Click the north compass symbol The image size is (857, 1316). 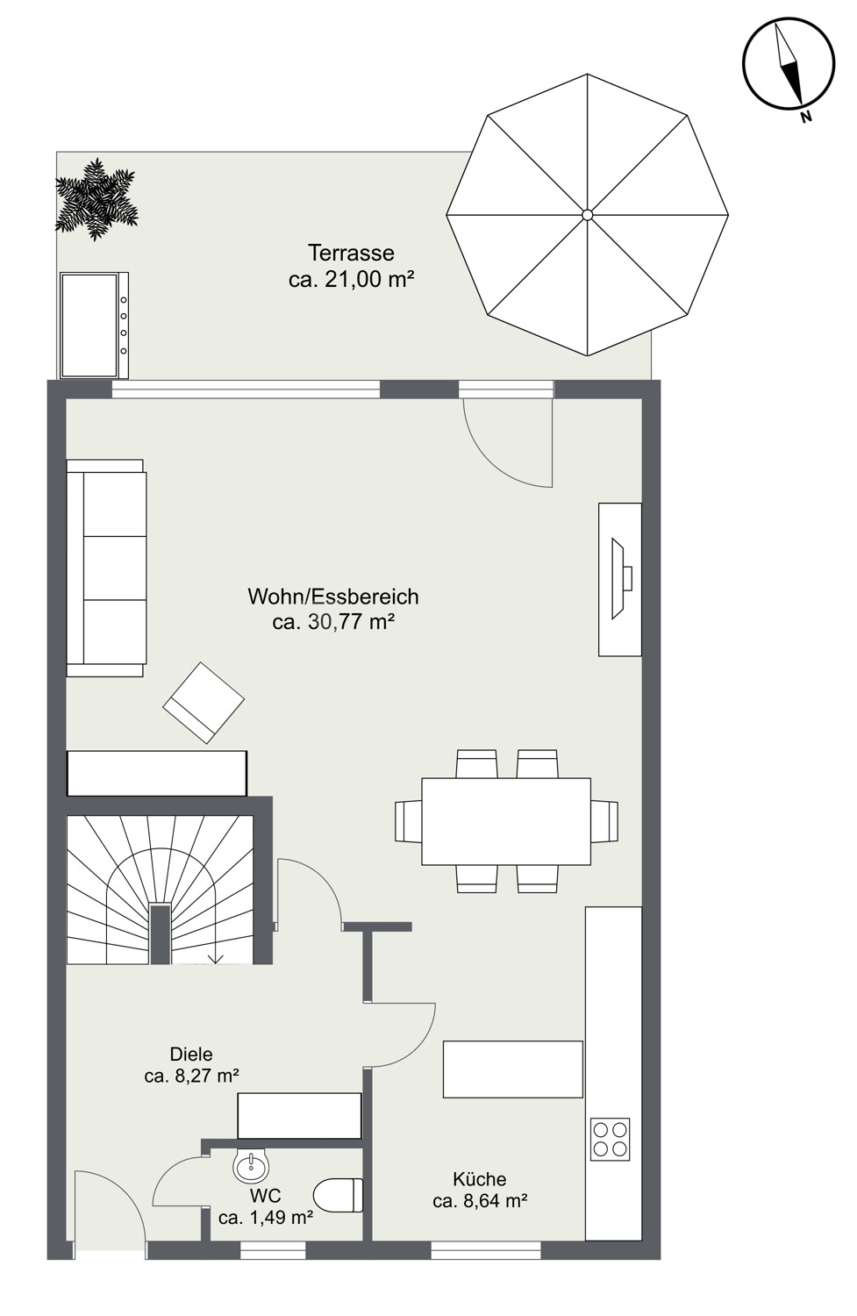pyautogui.click(x=789, y=65)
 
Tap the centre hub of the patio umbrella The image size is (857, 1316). pyautogui.click(x=587, y=215)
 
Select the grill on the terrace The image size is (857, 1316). pyautogui.click(x=95, y=325)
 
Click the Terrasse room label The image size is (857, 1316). pyautogui.click(x=351, y=253)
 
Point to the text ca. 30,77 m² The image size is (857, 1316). pyautogui.click(x=333, y=621)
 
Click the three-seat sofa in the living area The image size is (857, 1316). pyautogui.click(x=106, y=569)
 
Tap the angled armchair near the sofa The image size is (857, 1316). pyautogui.click(x=204, y=703)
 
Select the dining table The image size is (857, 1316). pyautogui.click(x=506, y=821)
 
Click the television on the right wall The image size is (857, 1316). pyautogui.click(x=619, y=579)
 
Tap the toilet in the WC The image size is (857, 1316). pyautogui.click(x=339, y=1195)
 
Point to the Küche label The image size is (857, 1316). pyautogui.click(x=479, y=1179)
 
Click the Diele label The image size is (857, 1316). pyautogui.click(x=191, y=1054)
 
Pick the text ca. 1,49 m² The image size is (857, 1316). pyautogui.click(x=266, y=1218)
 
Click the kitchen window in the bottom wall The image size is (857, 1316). pyautogui.click(x=486, y=1250)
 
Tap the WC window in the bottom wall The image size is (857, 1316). pyautogui.click(x=273, y=1250)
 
